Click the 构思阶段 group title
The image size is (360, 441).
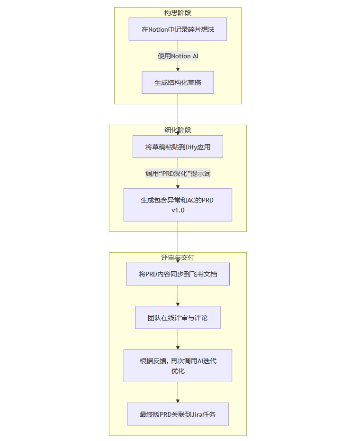(178, 13)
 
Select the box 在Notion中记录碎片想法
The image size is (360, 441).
(178, 29)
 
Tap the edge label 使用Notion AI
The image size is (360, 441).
(178, 56)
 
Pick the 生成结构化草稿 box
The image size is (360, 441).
(178, 83)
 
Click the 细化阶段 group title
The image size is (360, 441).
(178, 130)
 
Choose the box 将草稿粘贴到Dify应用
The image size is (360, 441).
(178, 147)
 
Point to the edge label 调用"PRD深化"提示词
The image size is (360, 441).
(178, 174)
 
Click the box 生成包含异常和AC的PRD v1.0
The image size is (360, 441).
(178, 205)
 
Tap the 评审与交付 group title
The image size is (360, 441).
(178, 257)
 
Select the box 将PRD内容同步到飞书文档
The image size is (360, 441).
(178, 274)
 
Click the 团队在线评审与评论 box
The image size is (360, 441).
(178, 318)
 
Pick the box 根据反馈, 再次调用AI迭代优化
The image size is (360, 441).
(178, 366)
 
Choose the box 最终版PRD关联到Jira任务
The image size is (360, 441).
(178, 414)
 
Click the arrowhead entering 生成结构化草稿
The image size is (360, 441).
(178, 69)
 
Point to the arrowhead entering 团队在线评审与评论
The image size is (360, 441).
(178, 304)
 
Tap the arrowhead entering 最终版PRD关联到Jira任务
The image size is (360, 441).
(178, 400)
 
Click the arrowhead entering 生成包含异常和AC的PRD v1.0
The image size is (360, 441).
(178, 186)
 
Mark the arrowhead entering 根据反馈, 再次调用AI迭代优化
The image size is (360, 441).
(178, 347)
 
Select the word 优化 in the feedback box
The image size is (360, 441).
(178, 371)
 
